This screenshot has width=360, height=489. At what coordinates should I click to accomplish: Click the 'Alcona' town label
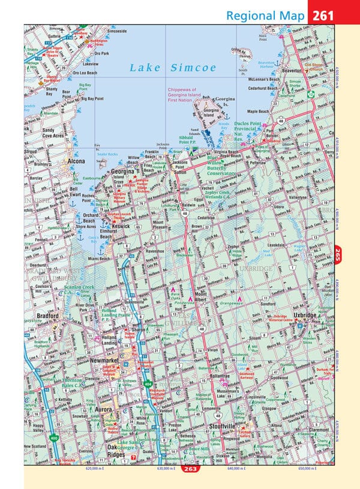[77, 162]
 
